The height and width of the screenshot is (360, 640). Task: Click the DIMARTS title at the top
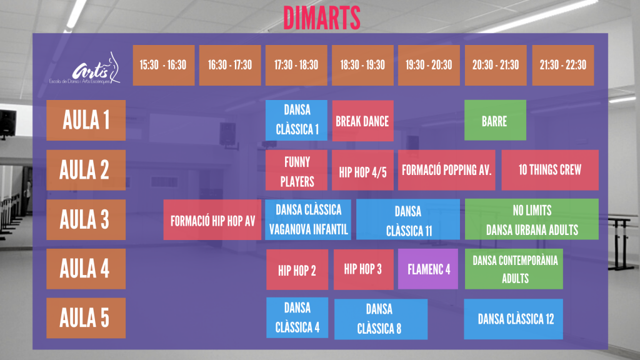(x=322, y=18)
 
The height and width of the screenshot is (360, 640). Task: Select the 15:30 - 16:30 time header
(x=163, y=65)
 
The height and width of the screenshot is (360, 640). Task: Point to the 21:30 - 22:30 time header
(x=563, y=65)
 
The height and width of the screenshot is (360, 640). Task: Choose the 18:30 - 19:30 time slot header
(x=362, y=65)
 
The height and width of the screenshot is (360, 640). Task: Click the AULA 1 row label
(x=86, y=121)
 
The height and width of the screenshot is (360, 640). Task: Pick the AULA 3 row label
(x=86, y=219)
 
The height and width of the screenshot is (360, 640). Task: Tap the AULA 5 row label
(x=86, y=318)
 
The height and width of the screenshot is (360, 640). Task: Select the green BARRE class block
(x=495, y=121)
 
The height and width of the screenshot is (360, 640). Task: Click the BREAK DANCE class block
(x=363, y=121)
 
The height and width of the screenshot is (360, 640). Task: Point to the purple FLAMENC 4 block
(x=428, y=269)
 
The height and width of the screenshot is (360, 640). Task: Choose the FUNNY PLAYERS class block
(x=296, y=170)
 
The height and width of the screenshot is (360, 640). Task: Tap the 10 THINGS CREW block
(x=550, y=170)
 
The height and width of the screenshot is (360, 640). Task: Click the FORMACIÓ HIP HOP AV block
(x=212, y=220)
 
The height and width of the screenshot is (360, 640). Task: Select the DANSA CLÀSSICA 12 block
(x=514, y=319)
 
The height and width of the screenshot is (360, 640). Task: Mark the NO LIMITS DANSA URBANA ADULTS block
(x=532, y=219)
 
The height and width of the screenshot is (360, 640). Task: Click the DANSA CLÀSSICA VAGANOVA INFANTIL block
(x=308, y=219)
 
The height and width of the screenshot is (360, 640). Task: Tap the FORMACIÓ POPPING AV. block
(x=446, y=170)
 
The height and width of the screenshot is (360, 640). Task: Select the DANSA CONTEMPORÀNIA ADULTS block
(x=514, y=269)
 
